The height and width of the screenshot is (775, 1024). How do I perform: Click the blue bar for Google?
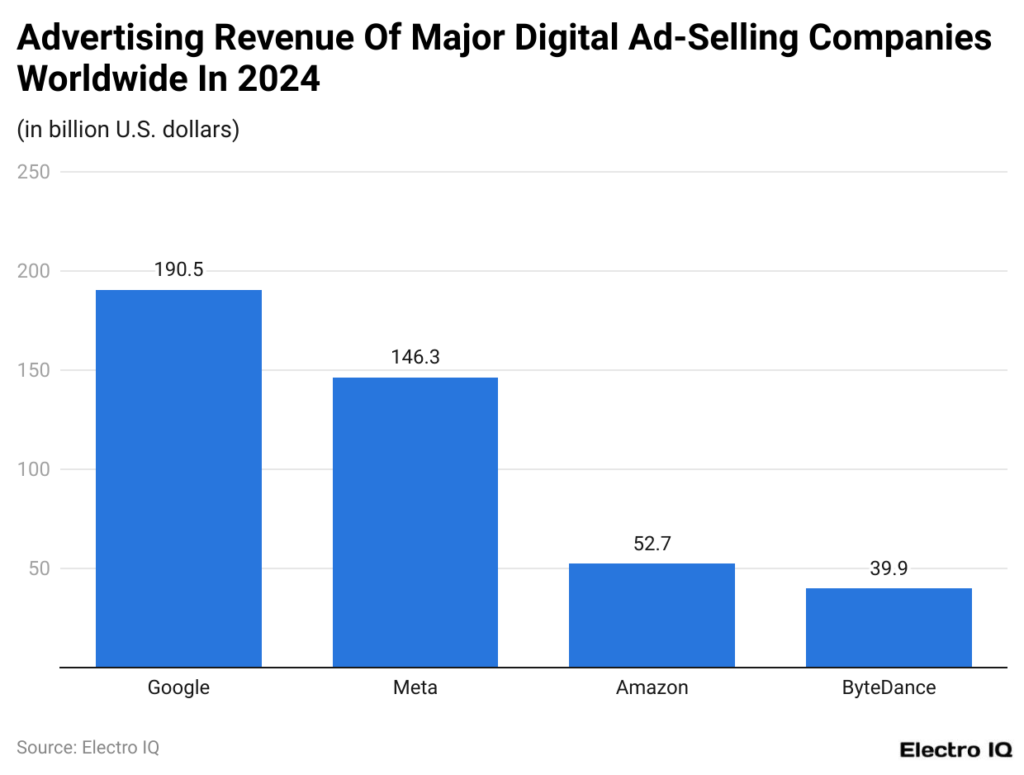pos(178,478)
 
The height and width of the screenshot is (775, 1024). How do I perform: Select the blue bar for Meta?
pos(415,521)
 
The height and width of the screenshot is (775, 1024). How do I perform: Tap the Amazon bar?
pos(651,614)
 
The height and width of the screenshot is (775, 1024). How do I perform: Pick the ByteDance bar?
pos(888,627)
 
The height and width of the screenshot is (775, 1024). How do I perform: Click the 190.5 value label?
pos(178,270)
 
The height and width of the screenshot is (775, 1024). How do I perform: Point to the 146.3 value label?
pos(415,357)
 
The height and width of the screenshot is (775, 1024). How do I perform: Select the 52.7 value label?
pos(651,543)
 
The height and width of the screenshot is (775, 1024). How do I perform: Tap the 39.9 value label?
pos(888,568)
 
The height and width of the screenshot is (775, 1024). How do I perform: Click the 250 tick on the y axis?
pos(35,172)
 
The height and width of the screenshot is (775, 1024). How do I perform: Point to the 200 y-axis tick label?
pos(35,271)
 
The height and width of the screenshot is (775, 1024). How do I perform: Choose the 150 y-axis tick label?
pos(35,370)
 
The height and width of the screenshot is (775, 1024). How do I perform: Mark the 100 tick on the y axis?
pos(35,469)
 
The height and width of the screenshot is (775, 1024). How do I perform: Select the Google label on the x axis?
pos(178,688)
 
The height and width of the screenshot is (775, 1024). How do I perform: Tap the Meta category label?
pos(415,688)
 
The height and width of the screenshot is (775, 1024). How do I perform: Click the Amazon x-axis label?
pos(651,688)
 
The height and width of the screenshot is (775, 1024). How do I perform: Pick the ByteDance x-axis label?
pos(888,688)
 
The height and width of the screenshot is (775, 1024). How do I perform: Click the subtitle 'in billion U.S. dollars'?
pos(128,130)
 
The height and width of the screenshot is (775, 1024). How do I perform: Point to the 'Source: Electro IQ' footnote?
pos(88,747)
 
